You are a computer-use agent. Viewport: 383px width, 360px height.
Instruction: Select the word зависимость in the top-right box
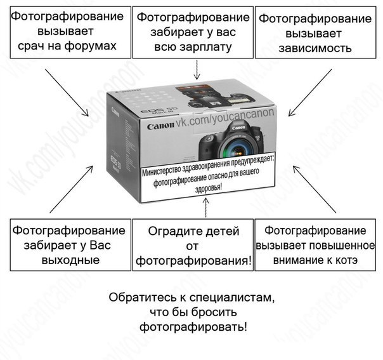pos(318,48)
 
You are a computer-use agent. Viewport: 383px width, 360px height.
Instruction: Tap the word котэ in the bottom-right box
pos(345,260)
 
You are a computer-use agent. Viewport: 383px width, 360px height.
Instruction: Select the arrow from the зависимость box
pos(309,93)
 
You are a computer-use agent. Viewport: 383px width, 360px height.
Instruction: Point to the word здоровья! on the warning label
pos(207,189)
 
